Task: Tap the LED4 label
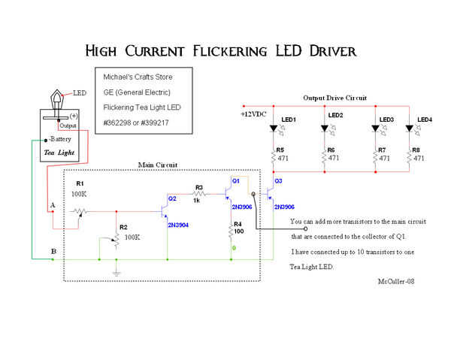[425, 119]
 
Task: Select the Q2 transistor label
[172, 198]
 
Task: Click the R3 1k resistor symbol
[199, 194]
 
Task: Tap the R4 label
[238, 224]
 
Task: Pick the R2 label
[125, 226]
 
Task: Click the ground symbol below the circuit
[116, 271]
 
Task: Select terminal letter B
[53, 250]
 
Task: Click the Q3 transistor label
[278, 181]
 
